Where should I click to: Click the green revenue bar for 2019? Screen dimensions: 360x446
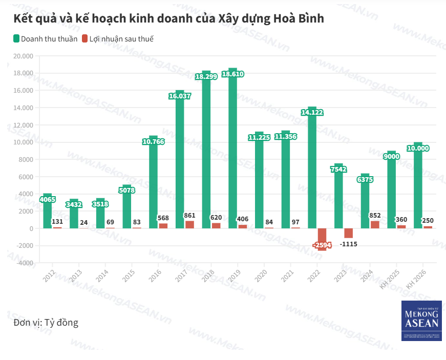click(x=232, y=154)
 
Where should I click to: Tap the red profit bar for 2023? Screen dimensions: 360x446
click(x=348, y=233)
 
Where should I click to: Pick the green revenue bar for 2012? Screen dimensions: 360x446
click(x=47, y=215)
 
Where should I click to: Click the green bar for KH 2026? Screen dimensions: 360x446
click(x=418, y=189)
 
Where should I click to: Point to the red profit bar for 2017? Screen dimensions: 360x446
click(x=189, y=224)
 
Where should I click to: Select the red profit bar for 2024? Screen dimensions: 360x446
click(x=375, y=224)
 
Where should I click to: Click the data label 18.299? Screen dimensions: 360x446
click(x=206, y=76)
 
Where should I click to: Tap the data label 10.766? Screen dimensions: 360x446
click(x=153, y=141)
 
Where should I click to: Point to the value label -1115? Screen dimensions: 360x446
click(x=348, y=244)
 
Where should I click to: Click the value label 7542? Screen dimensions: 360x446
click(x=338, y=169)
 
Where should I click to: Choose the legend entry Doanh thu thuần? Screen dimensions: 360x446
click(x=46, y=39)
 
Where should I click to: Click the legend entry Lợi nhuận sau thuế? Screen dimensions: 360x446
click(x=117, y=39)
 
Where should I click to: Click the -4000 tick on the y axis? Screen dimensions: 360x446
click(x=23, y=263)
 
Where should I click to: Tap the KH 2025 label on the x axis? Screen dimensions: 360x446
click(x=390, y=279)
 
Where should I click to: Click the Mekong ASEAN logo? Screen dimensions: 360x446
click(x=421, y=321)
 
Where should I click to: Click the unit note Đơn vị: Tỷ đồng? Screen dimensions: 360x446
click(x=46, y=323)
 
